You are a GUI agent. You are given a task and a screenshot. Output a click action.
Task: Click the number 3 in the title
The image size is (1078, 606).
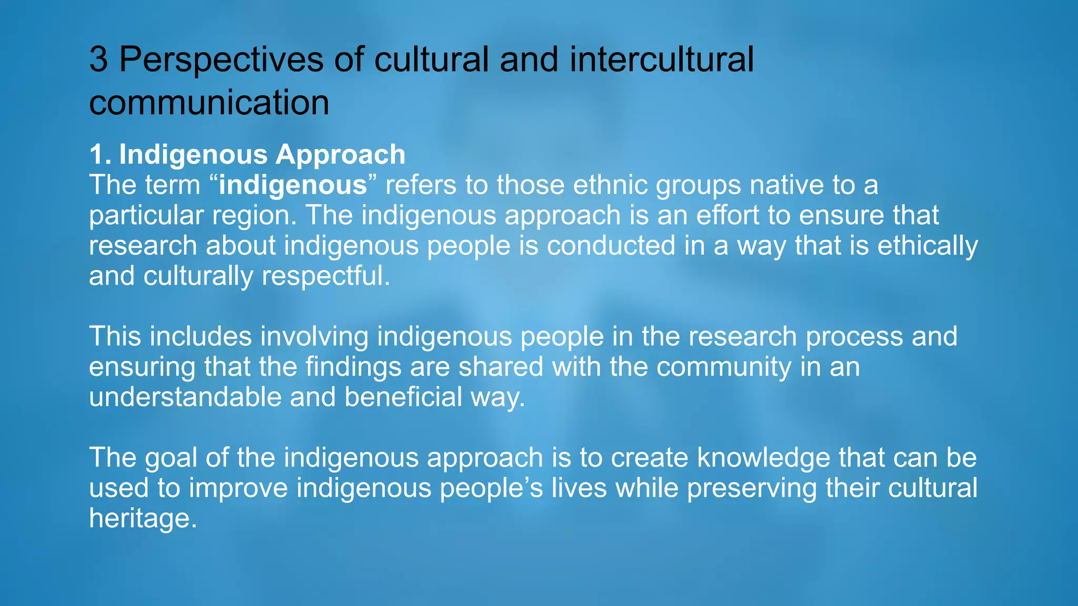(99, 59)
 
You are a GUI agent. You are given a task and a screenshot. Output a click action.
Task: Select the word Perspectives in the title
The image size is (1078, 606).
(221, 59)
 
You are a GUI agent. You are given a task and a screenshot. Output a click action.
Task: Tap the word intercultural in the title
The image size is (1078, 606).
(662, 59)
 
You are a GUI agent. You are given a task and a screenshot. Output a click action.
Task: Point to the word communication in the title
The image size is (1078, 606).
(209, 102)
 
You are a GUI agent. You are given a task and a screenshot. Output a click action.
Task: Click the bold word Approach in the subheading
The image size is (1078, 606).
(341, 155)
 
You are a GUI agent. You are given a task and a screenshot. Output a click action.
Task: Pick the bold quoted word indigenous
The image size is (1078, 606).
(293, 185)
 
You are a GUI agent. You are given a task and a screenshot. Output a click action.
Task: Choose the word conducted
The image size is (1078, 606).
(611, 246)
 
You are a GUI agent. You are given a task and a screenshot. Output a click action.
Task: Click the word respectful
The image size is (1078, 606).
(326, 276)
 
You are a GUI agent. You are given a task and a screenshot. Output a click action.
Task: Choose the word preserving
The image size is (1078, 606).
(752, 488)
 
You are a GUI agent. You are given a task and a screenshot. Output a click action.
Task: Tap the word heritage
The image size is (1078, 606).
(143, 518)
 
